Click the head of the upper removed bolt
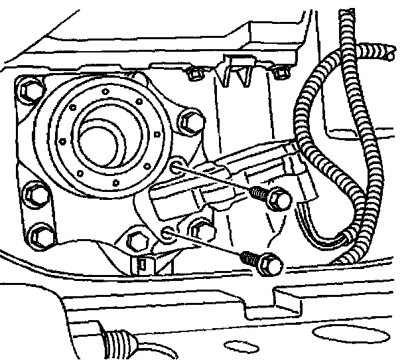click(281, 199)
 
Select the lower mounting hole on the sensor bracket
click(167, 233)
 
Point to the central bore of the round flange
click(100, 137)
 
